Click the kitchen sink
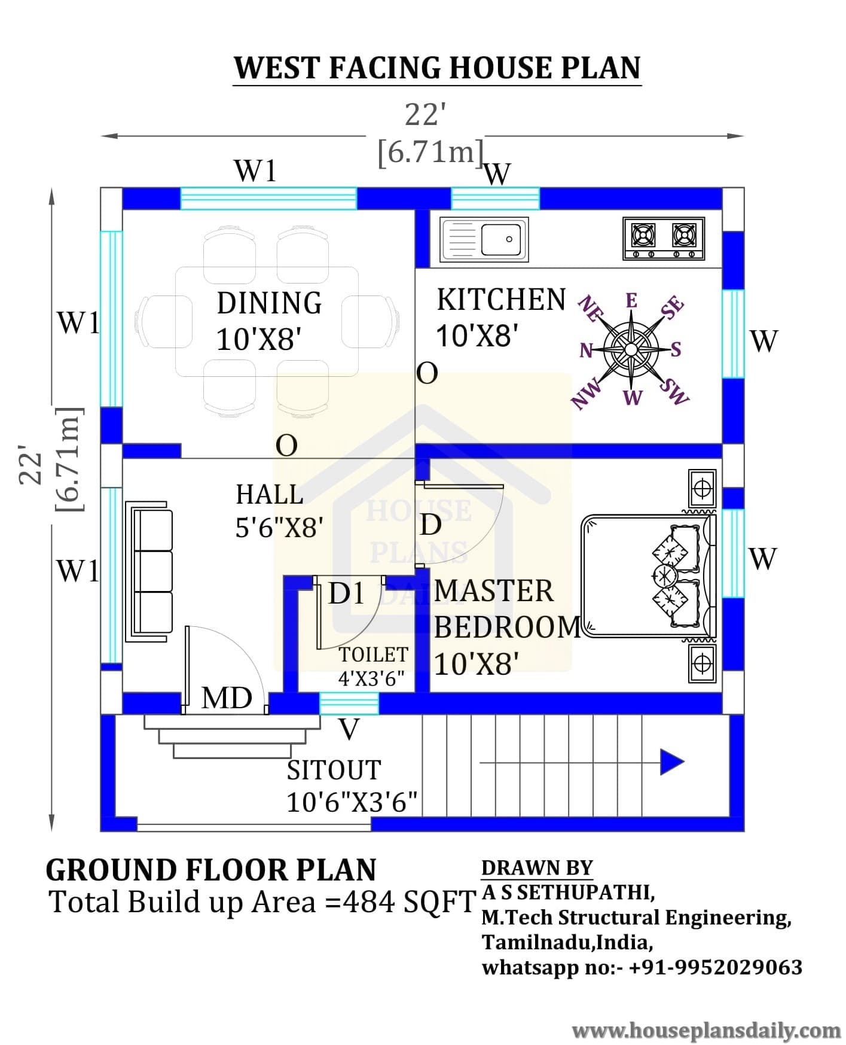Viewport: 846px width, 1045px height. pyautogui.click(x=484, y=239)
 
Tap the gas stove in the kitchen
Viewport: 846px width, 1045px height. pyautogui.click(x=664, y=238)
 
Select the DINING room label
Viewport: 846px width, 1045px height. pyautogui.click(x=269, y=303)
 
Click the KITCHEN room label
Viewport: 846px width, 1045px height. pyautogui.click(x=501, y=300)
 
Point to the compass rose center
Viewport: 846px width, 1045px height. pyautogui.click(x=631, y=349)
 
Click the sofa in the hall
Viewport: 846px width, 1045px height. pyautogui.click(x=149, y=572)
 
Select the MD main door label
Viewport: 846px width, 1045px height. pyautogui.click(x=227, y=698)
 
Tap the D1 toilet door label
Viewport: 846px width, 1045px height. pyautogui.click(x=347, y=593)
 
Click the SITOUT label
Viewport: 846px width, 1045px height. pyautogui.click(x=334, y=770)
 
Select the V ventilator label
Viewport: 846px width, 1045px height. pyautogui.click(x=349, y=730)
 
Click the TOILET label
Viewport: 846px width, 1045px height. pyautogui.click(x=374, y=655)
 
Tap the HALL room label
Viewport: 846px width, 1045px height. pyautogui.click(x=270, y=495)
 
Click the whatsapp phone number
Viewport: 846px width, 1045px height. pyautogui.click(x=716, y=967)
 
